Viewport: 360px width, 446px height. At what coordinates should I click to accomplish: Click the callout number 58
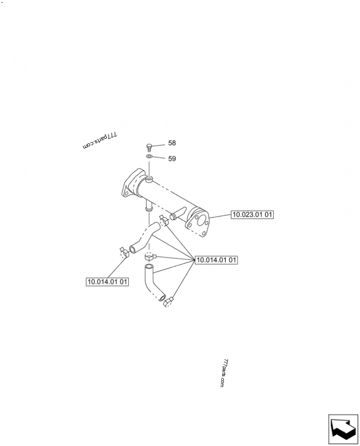pyautogui.click(x=172, y=143)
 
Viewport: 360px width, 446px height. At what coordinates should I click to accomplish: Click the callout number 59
pyautogui.click(x=172, y=159)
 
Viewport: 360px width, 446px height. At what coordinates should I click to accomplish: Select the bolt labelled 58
pyautogui.click(x=149, y=147)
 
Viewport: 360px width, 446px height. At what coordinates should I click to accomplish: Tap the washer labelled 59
pyautogui.click(x=149, y=156)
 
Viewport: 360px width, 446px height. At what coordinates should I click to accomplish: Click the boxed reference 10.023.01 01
pyautogui.click(x=252, y=214)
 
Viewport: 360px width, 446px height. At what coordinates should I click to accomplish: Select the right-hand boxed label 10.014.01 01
pyautogui.click(x=216, y=259)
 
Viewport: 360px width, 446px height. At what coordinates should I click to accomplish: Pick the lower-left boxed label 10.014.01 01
pyautogui.click(x=107, y=282)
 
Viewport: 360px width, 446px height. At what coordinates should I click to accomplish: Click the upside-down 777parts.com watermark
pyautogui.click(x=100, y=141)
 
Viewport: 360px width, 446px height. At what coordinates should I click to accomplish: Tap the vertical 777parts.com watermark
pyautogui.click(x=225, y=373)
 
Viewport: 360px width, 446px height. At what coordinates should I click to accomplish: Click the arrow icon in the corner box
pyautogui.click(x=343, y=429)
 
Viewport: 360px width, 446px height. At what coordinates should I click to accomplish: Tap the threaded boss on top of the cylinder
pyautogui.click(x=149, y=179)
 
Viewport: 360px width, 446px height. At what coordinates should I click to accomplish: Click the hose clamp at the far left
pyautogui.click(x=124, y=252)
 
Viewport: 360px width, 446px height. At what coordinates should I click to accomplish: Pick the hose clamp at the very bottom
pyautogui.click(x=168, y=302)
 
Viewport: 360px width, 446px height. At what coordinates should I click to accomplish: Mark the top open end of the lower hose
pyautogui.click(x=148, y=267)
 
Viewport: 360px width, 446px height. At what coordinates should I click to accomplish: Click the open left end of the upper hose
pyautogui.click(x=132, y=249)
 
